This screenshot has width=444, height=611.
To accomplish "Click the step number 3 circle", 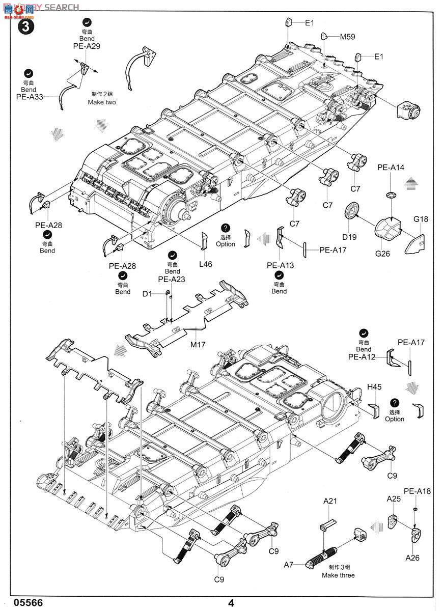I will tap(25, 26).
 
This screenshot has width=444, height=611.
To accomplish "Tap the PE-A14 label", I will tap(391, 167).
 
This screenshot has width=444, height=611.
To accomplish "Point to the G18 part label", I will tap(421, 219).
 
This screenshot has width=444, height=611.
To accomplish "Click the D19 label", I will tap(349, 236).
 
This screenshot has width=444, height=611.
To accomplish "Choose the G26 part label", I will tap(382, 253).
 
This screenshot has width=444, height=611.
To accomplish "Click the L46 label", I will tap(206, 264).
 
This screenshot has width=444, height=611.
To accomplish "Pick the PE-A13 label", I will tap(280, 265).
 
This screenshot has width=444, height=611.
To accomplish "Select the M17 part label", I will tap(198, 345).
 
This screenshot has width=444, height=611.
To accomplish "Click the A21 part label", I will tap(330, 502).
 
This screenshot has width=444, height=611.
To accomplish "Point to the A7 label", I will tap(289, 565).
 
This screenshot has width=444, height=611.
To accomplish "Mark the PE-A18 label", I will tap(417, 491).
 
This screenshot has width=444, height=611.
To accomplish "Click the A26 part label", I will tap(412, 558).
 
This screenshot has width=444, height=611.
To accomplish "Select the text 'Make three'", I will tap(338, 575).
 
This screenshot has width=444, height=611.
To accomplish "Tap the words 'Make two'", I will tap(101, 102).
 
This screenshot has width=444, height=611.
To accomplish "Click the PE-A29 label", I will tap(86, 46).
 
